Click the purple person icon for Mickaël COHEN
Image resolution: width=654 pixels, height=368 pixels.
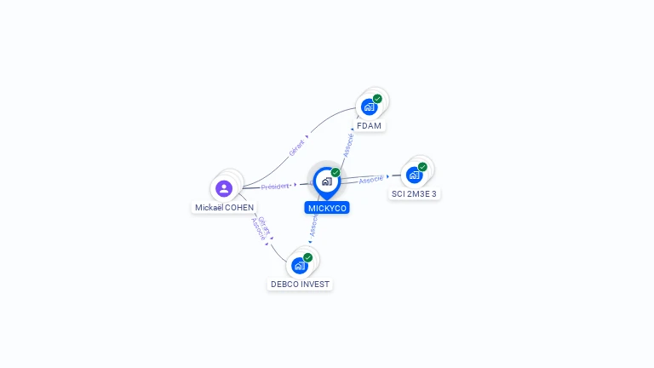[x=224, y=188]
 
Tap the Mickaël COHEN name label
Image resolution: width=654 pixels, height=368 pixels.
[x=224, y=207]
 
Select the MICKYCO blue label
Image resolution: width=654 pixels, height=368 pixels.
[x=327, y=208]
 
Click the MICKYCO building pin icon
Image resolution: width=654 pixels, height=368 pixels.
[x=326, y=181]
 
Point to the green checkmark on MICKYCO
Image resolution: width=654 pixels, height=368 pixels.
[x=336, y=173]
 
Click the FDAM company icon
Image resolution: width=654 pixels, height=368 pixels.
[x=369, y=107]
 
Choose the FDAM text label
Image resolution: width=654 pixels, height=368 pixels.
[x=369, y=126]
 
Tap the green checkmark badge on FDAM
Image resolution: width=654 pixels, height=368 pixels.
[x=377, y=99]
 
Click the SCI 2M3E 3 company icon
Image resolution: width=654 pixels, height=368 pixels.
[x=414, y=175]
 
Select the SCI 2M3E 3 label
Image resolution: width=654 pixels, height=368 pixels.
[x=414, y=194]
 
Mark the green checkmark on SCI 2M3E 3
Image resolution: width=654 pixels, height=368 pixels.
[x=422, y=167]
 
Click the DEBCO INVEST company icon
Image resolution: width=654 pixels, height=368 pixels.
[x=299, y=266]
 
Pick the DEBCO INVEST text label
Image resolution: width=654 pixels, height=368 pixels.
[x=300, y=285]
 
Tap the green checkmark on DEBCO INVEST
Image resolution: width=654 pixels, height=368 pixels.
[x=307, y=257]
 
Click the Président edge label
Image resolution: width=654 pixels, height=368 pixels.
[x=275, y=186]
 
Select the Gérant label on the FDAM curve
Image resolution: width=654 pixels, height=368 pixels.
[x=296, y=147]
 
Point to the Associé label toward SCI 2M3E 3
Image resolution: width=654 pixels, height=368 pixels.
[x=371, y=180]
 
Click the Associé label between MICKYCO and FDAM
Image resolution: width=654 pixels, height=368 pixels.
[x=348, y=145]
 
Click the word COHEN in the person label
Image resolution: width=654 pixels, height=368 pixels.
[x=239, y=207]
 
